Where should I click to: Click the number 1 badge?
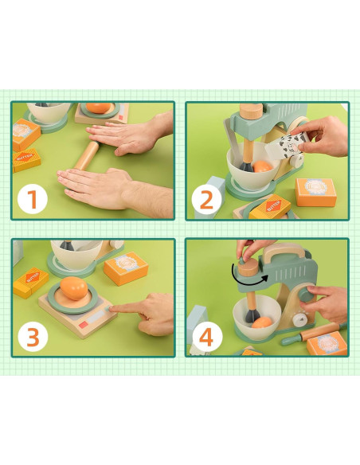click(x=33, y=199)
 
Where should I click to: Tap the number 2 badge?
click(x=207, y=199)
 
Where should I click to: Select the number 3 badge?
click(x=33, y=336)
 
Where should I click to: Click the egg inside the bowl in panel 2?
click(x=260, y=166)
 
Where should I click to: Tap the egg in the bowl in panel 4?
click(x=260, y=322)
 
